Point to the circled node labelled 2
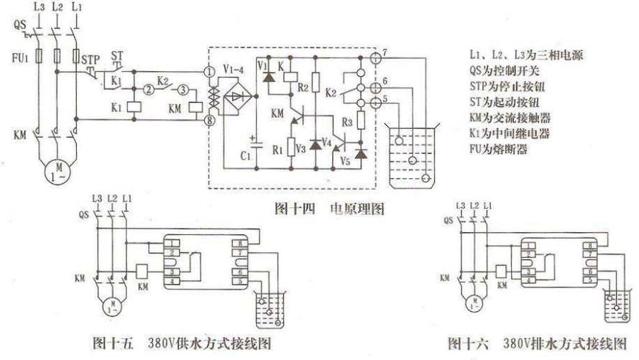148,90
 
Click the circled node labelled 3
183,90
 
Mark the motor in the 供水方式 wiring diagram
112,304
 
